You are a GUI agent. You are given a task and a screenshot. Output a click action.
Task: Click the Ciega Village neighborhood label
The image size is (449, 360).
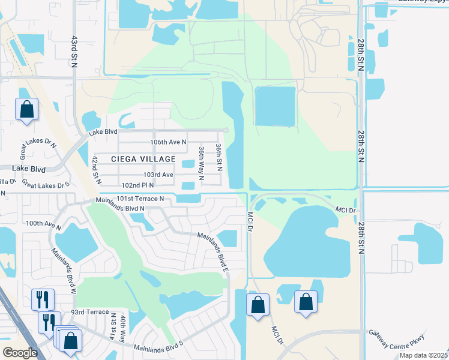[x=143, y=159]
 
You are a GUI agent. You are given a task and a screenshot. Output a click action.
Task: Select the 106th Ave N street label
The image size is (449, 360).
[x=168, y=142]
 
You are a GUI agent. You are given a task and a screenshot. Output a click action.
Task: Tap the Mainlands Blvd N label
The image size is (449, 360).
[x=121, y=208]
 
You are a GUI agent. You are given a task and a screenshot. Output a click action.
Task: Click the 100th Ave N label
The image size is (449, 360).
[x=43, y=223]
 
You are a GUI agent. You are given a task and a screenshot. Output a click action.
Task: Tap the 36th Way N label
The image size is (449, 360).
[x=202, y=161]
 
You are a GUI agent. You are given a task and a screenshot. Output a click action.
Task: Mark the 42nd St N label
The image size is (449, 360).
[x=95, y=172]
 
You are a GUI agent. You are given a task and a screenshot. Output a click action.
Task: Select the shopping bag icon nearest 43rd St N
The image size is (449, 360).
[x=26, y=110]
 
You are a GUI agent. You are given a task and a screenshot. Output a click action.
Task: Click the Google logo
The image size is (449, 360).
[x=20, y=352]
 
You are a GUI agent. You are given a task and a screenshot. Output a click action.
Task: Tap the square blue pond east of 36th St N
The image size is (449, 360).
[x=276, y=106]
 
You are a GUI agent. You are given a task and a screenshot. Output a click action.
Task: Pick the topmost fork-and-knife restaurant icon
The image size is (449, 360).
[x=42, y=298]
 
